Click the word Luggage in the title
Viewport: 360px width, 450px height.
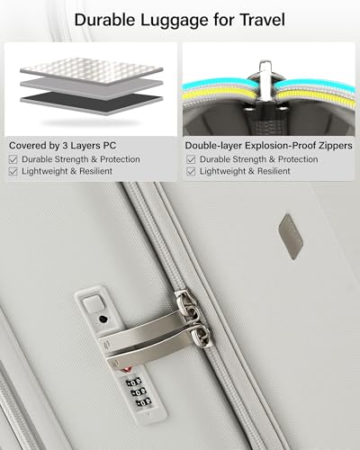click(x=175, y=21)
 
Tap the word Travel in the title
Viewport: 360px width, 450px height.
click(x=262, y=20)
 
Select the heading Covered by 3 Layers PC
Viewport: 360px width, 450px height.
click(x=62, y=146)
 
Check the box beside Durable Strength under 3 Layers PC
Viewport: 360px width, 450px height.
click(x=13, y=159)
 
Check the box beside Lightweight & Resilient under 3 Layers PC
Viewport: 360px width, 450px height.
click(x=13, y=171)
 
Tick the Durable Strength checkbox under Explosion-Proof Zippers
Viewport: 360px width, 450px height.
click(x=191, y=159)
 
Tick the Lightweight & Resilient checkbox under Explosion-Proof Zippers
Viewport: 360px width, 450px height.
click(x=191, y=171)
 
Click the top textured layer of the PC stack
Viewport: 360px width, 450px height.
click(x=92, y=71)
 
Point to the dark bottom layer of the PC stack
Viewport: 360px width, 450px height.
click(x=92, y=102)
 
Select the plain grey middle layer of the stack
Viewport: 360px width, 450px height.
click(x=92, y=87)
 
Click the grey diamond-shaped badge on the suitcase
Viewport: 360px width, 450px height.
click(x=291, y=236)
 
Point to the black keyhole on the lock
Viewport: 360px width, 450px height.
click(x=103, y=319)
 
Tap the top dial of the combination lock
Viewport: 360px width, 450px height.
click(x=133, y=382)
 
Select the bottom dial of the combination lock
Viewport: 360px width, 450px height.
click(x=143, y=402)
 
